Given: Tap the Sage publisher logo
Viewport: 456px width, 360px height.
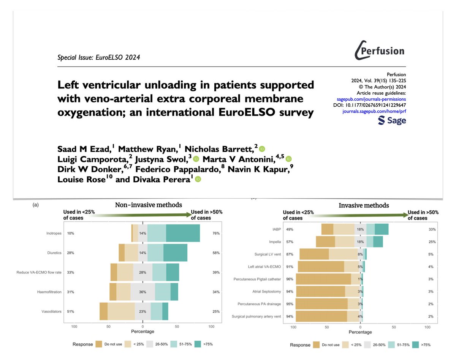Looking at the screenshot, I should click(392, 120).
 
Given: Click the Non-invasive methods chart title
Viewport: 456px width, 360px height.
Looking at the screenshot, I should click(148, 205).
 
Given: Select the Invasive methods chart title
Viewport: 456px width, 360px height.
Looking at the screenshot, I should click(364, 205).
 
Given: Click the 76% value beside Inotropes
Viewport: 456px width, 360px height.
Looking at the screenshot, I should click(215, 233).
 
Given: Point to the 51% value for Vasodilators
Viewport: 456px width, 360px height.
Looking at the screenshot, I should click(71, 311).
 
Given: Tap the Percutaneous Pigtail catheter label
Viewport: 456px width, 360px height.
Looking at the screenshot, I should click(257, 279).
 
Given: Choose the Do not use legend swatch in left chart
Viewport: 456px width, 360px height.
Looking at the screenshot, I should click(99, 344).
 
